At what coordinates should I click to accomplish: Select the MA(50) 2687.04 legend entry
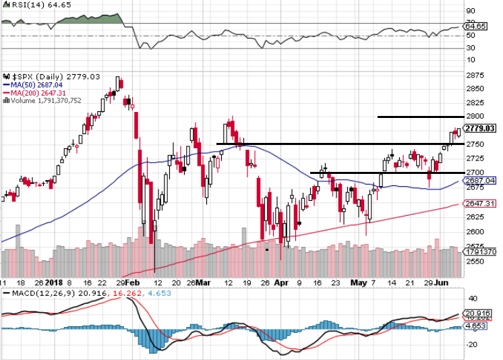(34, 84)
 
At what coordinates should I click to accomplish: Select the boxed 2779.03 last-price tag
(481, 129)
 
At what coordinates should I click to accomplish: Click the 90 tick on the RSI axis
(471, 11)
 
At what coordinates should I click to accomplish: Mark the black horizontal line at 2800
(418, 117)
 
